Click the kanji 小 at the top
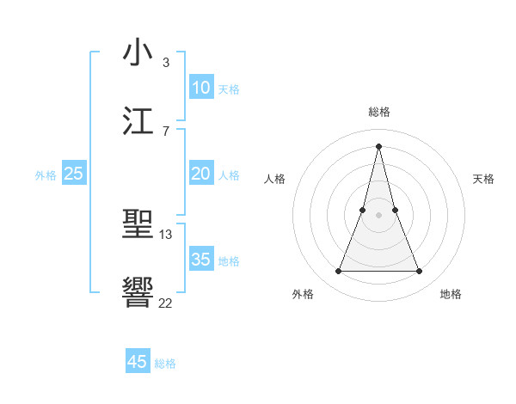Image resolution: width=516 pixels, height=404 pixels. (138, 52)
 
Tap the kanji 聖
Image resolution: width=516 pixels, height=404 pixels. (138, 224)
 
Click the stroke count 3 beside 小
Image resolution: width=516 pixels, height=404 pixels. (165, 62)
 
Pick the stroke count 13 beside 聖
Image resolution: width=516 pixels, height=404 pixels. (166, 234)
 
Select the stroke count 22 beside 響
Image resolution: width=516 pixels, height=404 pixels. (166, 303)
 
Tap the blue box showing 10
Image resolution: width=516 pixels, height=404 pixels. (200, 88)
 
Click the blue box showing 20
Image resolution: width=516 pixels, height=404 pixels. (200, 174)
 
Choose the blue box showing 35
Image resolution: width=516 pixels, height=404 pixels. (200, 260)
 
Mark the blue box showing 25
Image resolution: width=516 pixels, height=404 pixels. (74, 174)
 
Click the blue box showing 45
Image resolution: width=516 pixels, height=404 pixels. (138, 362)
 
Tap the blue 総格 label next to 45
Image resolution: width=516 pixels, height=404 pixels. (165, 364)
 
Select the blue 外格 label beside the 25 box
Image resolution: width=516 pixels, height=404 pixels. (46, 175)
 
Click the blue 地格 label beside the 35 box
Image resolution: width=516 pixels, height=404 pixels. (229, 261)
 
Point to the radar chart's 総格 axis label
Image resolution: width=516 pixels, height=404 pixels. (378, 112)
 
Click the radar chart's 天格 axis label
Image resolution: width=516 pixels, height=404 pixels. (484, 179)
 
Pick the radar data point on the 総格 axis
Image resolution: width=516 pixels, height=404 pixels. (378, 145)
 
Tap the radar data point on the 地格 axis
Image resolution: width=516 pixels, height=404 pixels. (420, 272)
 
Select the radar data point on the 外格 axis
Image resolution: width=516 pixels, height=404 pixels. (338, 272)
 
